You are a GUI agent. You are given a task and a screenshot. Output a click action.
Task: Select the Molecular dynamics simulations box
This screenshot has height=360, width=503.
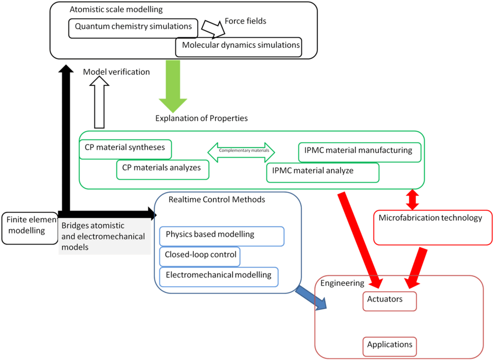(x=238, y=46)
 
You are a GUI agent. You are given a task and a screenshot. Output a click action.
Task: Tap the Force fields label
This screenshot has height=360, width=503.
(x=245, y=21)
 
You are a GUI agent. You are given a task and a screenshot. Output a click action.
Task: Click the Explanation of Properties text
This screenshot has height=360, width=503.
(x=201, y=119)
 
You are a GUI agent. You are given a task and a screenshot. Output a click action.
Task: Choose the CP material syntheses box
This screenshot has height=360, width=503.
(x=125, y=149)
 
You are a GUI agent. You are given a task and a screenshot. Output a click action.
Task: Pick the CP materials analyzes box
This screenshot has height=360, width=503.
(x=162, y=169)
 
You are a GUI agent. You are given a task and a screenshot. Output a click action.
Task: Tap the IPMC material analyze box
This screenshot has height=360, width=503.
(x=322, y=172)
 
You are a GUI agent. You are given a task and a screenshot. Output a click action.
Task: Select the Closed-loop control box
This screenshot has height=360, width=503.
(x=200, y=256)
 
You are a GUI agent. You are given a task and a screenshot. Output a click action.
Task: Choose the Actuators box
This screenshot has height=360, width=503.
(x=389, y=301)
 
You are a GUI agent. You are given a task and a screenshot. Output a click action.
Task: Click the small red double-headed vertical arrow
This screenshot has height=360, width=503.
(x=412, y=200)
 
